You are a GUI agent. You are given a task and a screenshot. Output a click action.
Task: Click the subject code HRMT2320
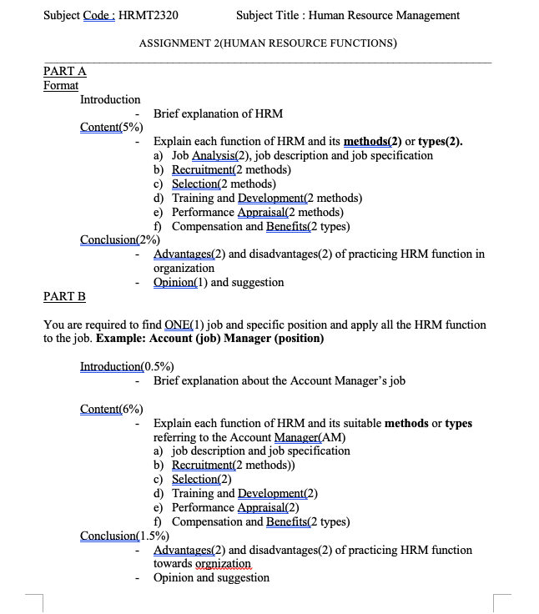[149, 15]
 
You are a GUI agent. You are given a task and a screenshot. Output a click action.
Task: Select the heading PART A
[64, 72]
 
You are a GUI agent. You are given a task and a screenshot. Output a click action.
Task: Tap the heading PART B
[64, 296]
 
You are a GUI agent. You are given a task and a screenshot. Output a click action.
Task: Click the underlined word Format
[60, 85]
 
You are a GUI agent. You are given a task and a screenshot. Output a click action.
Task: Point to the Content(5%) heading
[111, 127]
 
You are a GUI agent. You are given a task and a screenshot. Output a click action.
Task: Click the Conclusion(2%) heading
[120, 239]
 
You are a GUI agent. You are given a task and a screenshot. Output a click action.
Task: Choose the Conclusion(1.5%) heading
[124, 536]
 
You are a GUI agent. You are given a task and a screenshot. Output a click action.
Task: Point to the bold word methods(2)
[372, 141]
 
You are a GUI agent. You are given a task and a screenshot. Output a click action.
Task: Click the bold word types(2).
[441, 141]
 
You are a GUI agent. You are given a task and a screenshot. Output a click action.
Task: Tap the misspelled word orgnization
[220, 564]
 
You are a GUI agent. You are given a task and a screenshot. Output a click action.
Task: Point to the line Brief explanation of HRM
[218, 113]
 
